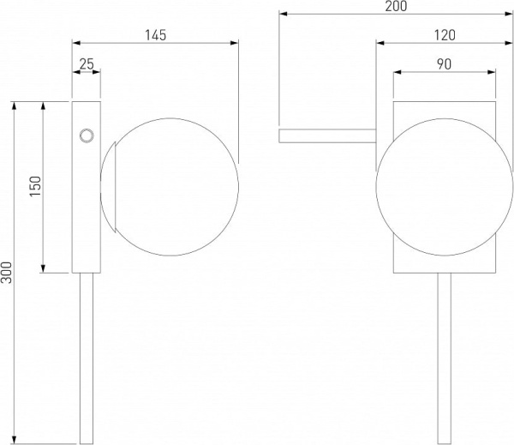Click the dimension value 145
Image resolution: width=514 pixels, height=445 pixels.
click(x=156, y=35)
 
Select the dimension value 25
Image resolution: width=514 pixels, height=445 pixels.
click(x=87, y=64)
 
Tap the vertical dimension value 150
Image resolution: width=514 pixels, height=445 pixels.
click(x=35, y=186)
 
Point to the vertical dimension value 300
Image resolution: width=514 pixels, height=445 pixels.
click(x=6, y=272)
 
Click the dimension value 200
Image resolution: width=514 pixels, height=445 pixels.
click(x=396, y=6)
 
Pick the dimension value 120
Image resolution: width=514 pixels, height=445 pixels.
click(x=445, y=35)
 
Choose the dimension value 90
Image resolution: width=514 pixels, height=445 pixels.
click(x=444, y=64)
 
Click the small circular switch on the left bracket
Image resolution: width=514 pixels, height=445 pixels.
click(x=87, y=135)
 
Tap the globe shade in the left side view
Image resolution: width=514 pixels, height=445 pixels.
click(x=170, y=187)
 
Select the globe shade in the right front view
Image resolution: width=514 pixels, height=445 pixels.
click(x=445, y=187)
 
